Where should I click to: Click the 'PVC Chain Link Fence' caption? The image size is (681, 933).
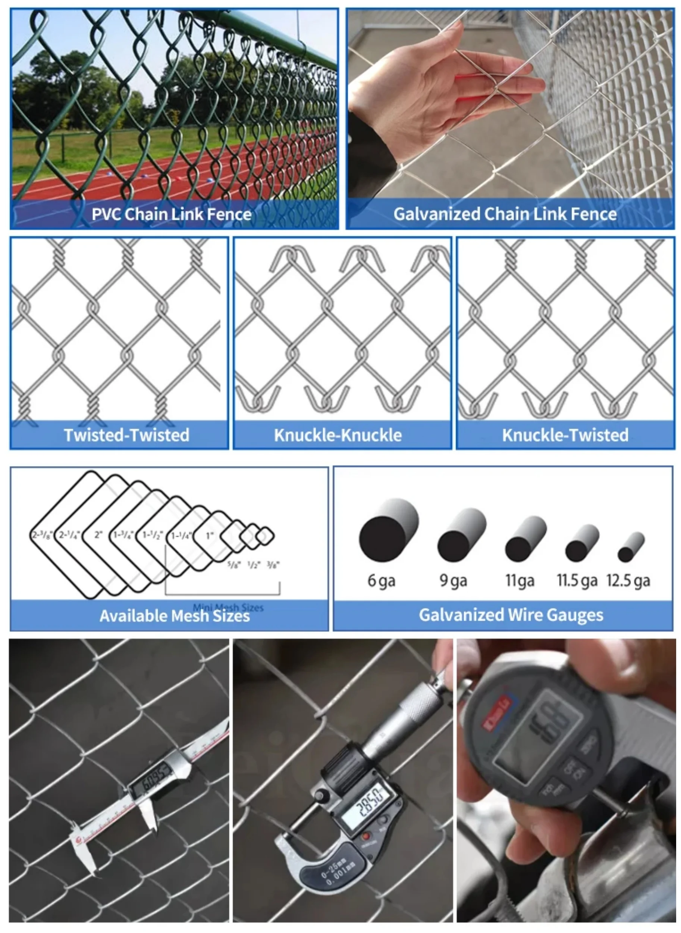coord(171,215)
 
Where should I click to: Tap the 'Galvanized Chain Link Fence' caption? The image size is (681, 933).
coord(505,214)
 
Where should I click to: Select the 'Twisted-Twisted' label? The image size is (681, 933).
coord(126,435)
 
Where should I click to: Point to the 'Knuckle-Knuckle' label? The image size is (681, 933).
coord(338,435)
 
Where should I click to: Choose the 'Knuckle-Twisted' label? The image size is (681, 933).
coord(565,435)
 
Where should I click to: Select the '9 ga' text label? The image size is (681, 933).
coord(453,580)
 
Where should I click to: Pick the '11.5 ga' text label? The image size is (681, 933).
coord(577,580)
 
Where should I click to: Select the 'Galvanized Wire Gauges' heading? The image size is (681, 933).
coord(511,615)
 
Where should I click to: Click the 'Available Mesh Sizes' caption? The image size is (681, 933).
coord(175,616)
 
